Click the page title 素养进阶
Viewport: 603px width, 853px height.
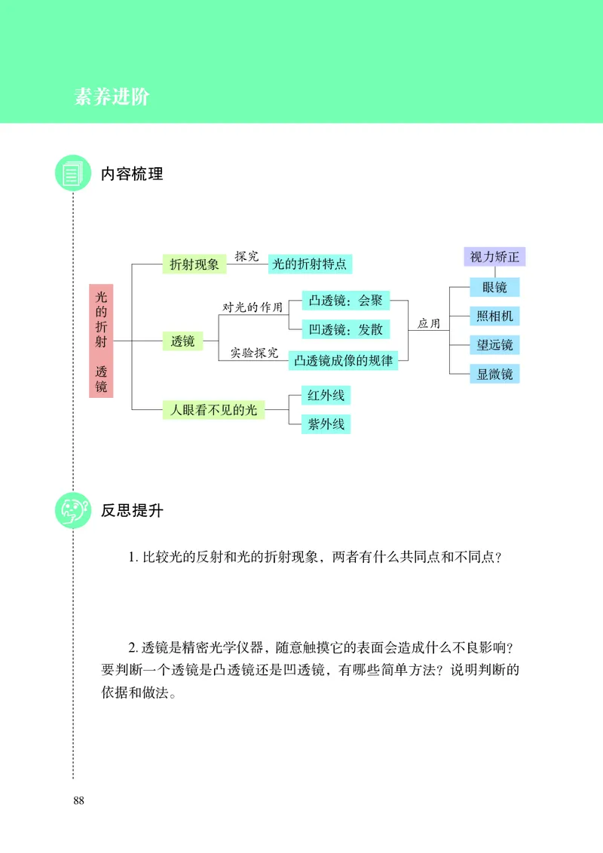(x=112, y=97)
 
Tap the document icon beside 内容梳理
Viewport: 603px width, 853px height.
(x=73, y=174)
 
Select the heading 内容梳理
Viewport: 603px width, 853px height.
(x=132, y=174)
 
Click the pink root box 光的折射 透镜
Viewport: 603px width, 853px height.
(x=101, y=341)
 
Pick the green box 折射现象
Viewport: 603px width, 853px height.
(x=194, y=264)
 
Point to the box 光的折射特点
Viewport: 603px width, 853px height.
(x=310, y=264)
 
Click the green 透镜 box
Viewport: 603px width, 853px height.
(x=182, y=341)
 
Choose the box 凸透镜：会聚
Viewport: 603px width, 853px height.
(x=345, y=301)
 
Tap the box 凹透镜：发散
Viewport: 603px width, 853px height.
(x=345, y=329)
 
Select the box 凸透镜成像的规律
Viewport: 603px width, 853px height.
(x=344, y=360)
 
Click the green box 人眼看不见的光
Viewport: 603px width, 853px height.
(x=213, y=410)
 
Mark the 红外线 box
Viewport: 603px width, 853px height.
(x=326, y=395)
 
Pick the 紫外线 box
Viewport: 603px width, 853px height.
(x=326, y=424)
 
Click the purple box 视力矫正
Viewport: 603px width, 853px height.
(x=494, y=256)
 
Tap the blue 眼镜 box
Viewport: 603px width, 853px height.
(x=494, y=287)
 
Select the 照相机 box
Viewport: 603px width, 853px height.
(x=494, y=316)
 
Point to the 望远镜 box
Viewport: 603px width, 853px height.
(x=494, y=345)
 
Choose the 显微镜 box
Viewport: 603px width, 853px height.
(x=494, y=374)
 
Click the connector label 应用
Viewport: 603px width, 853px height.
(x=429, y=323)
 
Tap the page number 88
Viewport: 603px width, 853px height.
(x=79, y=800)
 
